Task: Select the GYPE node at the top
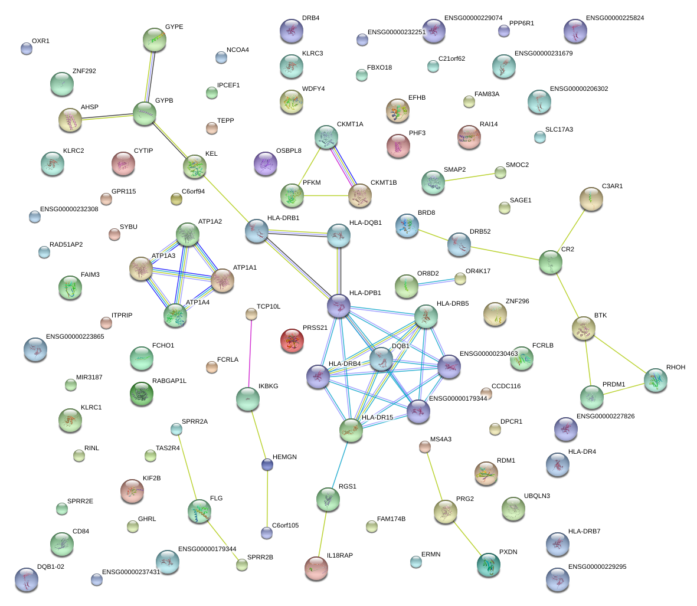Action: (155, 40)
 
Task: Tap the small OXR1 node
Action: (27, 48)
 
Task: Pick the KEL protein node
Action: (194, 166)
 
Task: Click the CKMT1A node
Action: (326, 137)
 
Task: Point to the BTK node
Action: (584, 328)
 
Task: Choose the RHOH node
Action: (656, 380)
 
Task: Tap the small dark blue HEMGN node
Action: (267, 465)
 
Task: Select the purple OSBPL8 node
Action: (265, 163)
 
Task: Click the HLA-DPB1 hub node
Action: (339, 305)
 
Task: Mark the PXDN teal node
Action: (489, 565)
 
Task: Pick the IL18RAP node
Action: (316, 568)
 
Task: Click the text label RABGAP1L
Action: (169, 381)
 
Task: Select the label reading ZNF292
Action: (84, 71)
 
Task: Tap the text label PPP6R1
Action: (522, 24)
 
